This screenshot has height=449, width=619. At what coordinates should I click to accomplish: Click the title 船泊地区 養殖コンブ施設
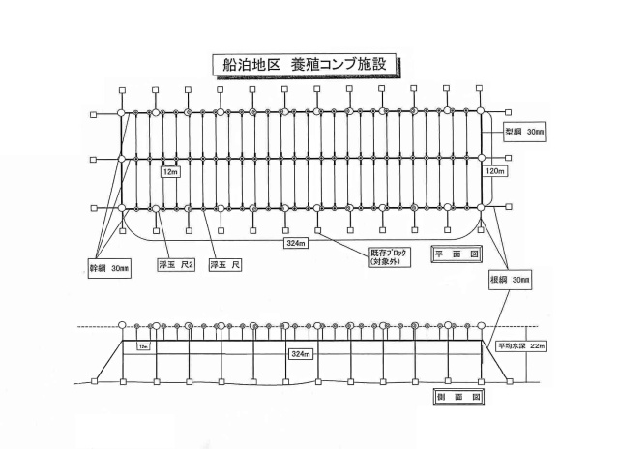click(306, 65)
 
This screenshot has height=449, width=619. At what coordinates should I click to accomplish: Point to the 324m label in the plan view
click(296, 244)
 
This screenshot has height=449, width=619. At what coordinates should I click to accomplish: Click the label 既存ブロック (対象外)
click(391, 258)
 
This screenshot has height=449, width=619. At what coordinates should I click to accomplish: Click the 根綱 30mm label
click(510, 280)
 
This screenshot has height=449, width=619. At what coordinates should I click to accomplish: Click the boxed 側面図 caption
click(455, 398)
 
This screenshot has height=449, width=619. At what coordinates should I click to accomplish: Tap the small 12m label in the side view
click(144, 345)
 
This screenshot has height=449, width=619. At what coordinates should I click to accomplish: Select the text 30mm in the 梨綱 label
click(536, 132)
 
